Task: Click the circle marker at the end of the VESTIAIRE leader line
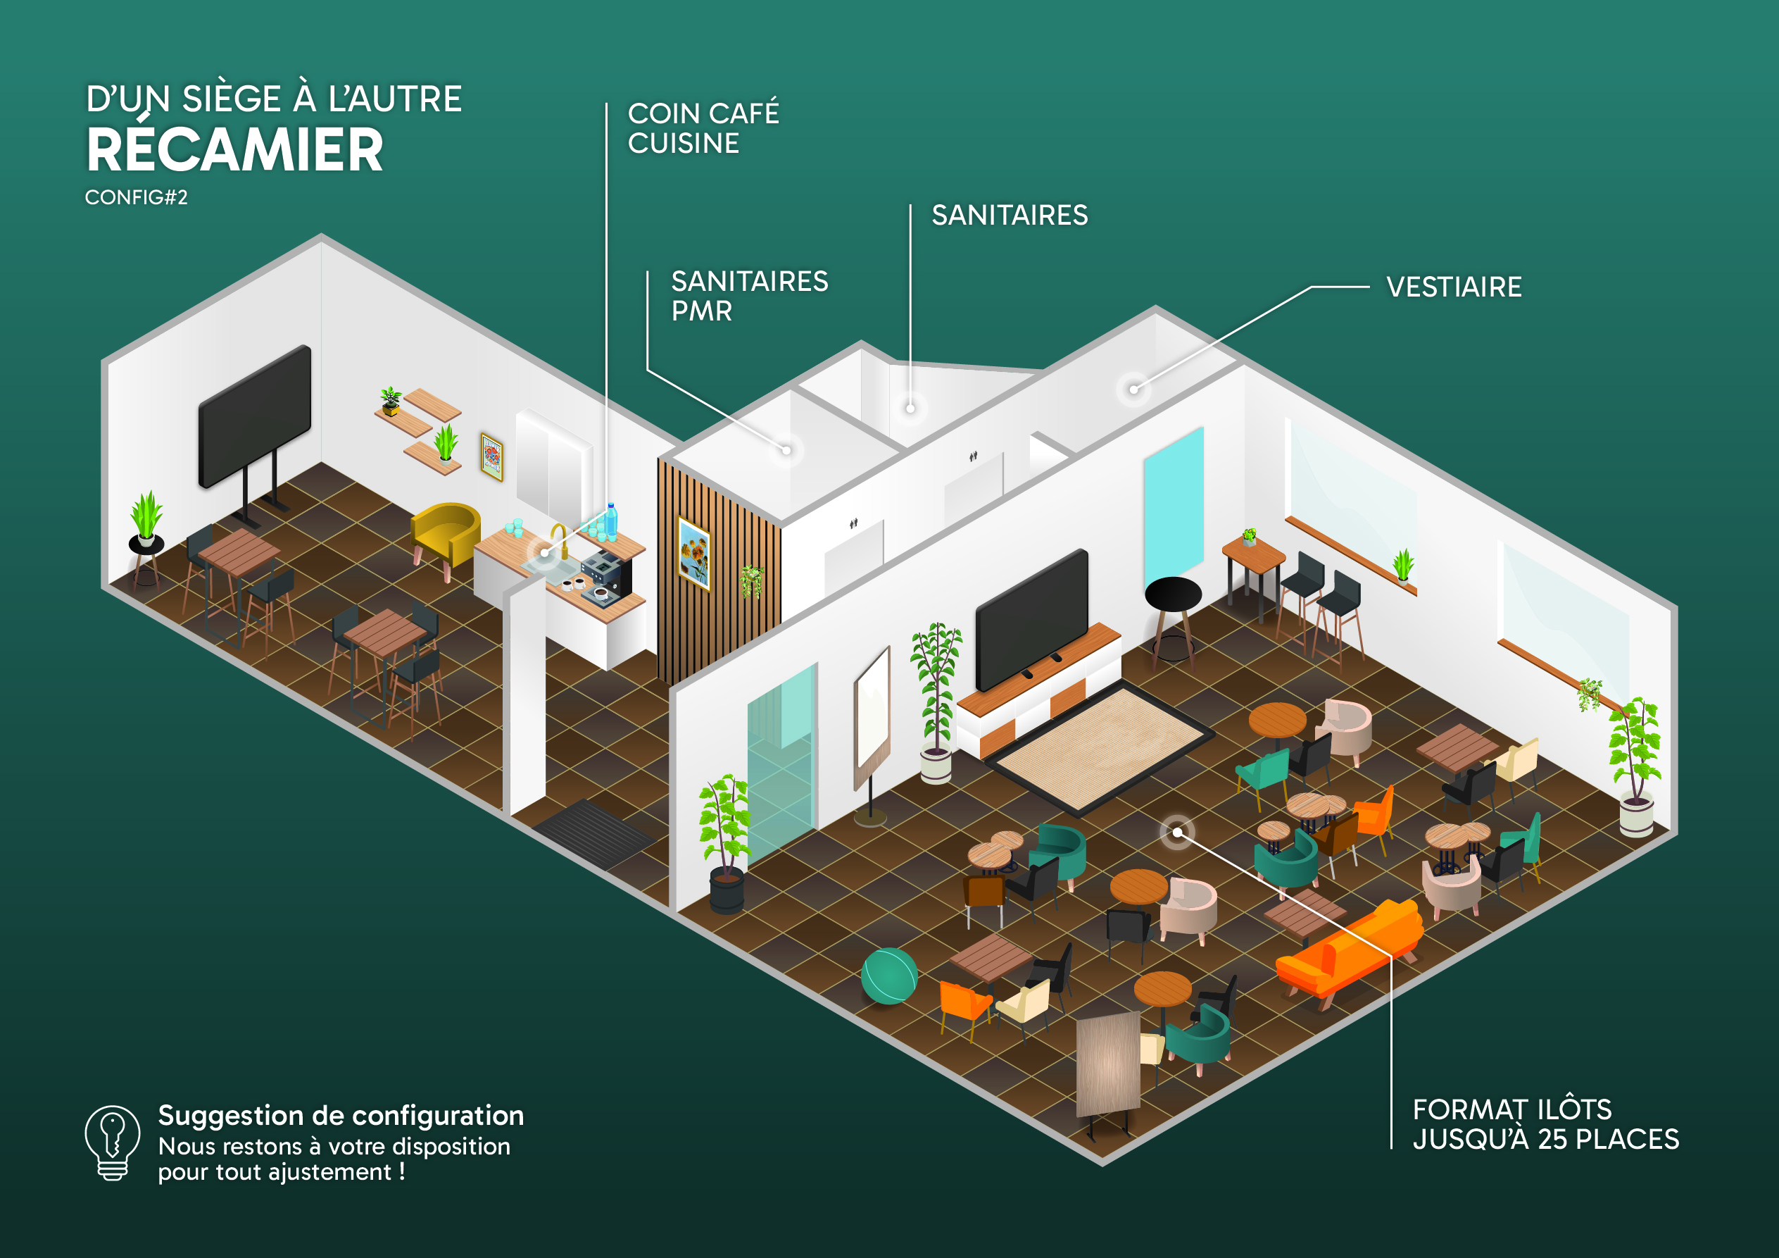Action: (1134, 389)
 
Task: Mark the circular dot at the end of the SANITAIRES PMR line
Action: (786, 450)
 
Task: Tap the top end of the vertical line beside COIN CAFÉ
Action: (606, 103)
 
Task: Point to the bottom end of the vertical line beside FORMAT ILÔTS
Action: (1392, 1148)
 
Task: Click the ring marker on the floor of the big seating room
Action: (1177, 833)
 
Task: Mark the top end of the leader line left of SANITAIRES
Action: (910, 206)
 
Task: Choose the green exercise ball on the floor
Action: (890, 976)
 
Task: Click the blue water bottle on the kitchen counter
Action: (611, 522)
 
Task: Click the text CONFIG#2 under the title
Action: (137, 198)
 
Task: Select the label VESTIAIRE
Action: (1454, 287)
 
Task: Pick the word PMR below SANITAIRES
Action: (701, 311)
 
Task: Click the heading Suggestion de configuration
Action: (341, 1116)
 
